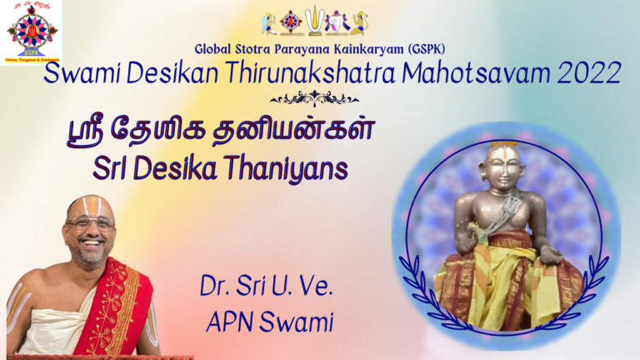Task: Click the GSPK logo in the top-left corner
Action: point(31,32)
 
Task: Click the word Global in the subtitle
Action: point(217,48)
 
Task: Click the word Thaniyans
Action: point(292,168)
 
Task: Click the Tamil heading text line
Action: point(220,133)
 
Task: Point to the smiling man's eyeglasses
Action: point(90,223)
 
